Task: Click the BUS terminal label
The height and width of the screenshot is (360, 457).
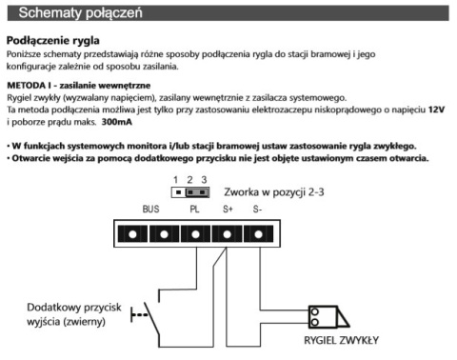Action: (x=150, y=210)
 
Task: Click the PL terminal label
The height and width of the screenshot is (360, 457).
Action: (x=194, y=210)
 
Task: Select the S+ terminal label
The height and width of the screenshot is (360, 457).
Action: (x=228, y=210)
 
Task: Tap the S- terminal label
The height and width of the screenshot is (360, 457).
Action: (x=257, y=210)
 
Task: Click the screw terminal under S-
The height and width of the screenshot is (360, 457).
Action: (x=258, y=234)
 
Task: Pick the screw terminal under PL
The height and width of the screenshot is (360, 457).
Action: (x=195, y=234)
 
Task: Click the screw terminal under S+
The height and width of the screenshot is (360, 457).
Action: (x=227, y=234)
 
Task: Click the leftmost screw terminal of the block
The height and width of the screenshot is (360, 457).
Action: (x=132, y=234)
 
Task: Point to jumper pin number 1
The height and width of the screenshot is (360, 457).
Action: (x=178, y=192)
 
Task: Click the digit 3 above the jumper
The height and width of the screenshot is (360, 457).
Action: (x=204, y=180)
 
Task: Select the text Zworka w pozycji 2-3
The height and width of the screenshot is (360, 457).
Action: (x=274, y=192)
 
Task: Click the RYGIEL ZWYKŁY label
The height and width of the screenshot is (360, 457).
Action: (x=341, y=340)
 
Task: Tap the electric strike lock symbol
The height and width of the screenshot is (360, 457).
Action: (x=328, y=317)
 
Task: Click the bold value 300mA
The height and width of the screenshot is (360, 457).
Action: (x=116, y=122)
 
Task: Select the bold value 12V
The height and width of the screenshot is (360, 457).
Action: (x=436, y=110)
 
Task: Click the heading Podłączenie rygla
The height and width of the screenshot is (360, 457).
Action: (x=53, y=41)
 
